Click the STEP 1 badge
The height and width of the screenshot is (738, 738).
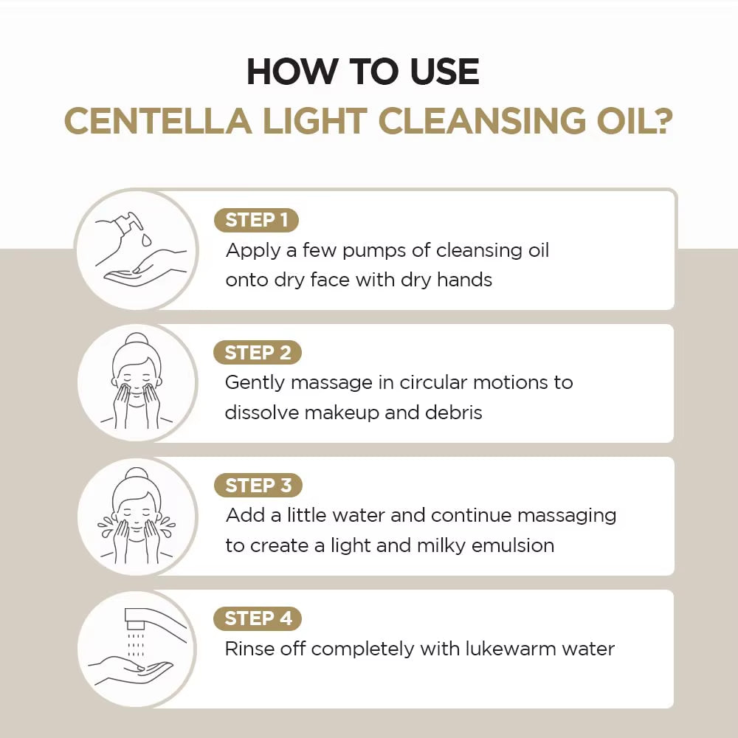[256, 220]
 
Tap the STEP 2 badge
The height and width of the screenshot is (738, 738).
[258, 353]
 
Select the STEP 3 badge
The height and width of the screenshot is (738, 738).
[258, 486]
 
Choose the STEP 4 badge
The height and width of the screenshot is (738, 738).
[258, 618]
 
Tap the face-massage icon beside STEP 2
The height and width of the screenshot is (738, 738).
[137, 382]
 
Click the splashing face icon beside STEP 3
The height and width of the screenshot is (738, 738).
[137, 515]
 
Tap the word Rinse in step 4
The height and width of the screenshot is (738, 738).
[251, 649]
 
